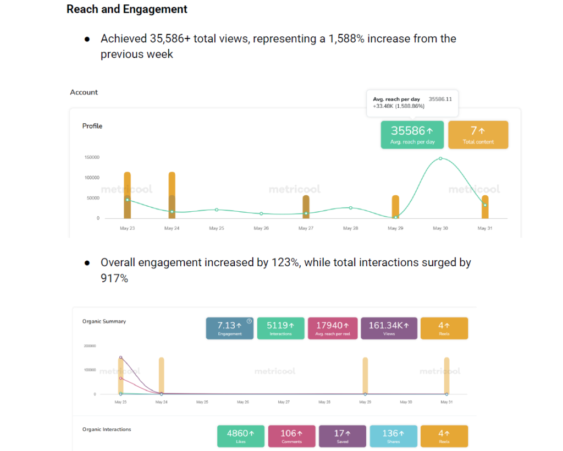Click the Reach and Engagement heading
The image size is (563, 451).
click(127, 9)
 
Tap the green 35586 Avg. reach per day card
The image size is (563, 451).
click(412, 135)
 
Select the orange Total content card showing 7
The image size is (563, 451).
click(478, 135)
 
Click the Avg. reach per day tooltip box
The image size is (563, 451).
click(412, 103)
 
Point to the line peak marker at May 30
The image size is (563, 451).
click(440, 158)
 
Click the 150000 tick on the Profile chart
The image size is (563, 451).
click(92, 157)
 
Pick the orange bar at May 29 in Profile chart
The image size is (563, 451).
click(395, 207)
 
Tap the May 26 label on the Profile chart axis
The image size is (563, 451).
click(261, 228)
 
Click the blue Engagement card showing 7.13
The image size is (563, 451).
click(230, 328)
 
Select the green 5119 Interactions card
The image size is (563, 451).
click(280, 328)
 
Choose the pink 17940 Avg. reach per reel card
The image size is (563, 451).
click(333, 328)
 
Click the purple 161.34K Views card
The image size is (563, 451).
click(389, 328)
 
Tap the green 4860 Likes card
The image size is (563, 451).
click(241, 436)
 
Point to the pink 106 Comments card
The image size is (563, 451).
click(291, 436)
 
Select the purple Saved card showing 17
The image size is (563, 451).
click(342, 436)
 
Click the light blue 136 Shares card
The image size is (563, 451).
click(393, 436)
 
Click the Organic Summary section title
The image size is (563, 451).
click(104, 321)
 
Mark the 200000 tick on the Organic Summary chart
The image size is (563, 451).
click(90, 346)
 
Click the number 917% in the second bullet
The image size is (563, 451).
click(114, 279)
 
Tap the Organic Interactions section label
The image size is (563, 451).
click(107, 429)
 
